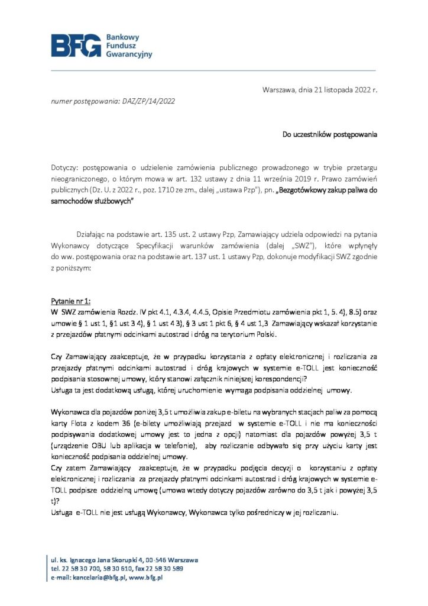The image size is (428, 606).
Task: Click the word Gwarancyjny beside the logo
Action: pos(128,54)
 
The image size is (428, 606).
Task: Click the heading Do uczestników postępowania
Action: pos(329,134)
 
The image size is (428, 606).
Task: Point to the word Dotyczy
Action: pos(64,169)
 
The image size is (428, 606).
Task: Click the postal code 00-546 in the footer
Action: pos(142,559)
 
